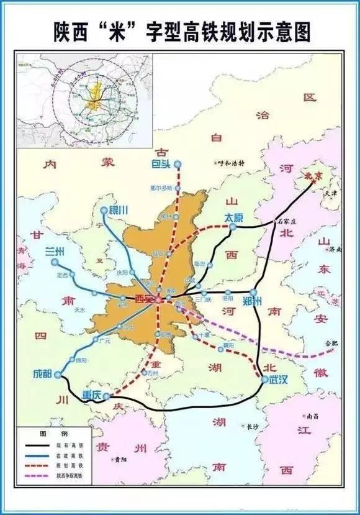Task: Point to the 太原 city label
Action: [233, 218]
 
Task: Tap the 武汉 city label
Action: [279, 380]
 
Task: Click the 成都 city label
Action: [44, 375]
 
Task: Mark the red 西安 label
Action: [144, 299]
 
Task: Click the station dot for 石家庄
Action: [274, 222]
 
